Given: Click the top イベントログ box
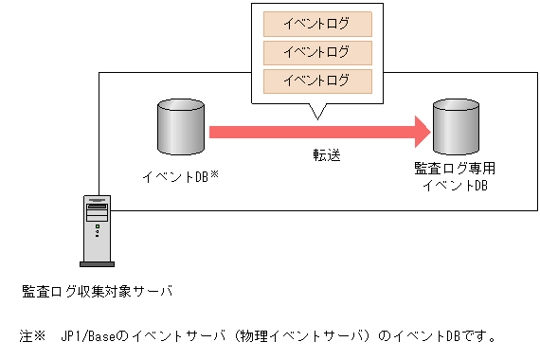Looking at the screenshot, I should pos(316,22).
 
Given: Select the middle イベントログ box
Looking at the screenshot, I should pos(316,50).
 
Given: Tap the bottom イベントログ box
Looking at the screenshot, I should pos(316,79).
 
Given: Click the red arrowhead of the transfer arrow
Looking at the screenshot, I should pos(422,131).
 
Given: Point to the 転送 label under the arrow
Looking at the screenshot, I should pos(327,154).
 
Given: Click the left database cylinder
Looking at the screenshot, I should pos(180,129).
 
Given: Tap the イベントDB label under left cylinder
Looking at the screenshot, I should pos(174,176).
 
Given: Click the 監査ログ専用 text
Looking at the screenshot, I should pos(455,169).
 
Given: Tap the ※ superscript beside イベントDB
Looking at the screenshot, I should pos(215,172).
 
